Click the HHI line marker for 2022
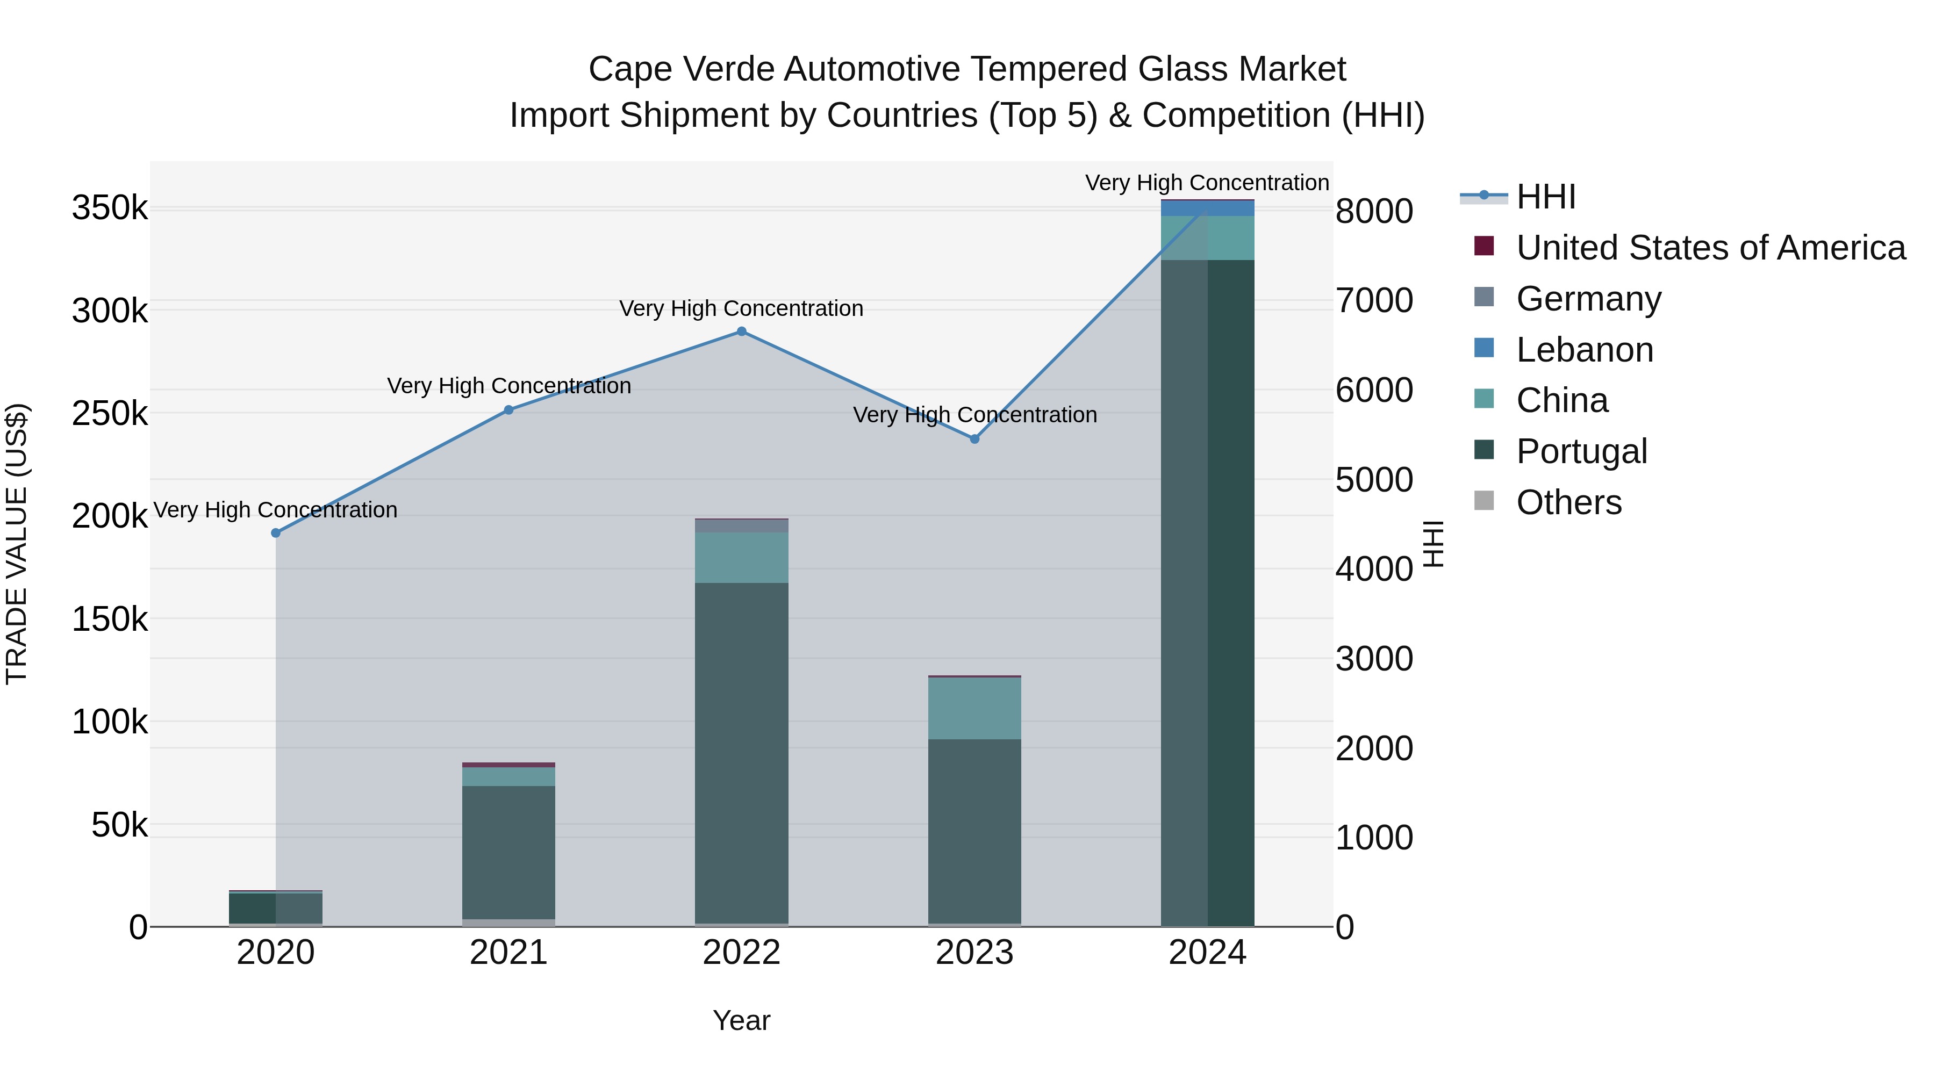coord(741,331)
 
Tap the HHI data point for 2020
coord(276,533)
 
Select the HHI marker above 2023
coord(975,439)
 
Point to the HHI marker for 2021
coord(508,410)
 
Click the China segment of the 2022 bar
coord(741,557)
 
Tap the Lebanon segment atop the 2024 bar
coord(1207,208)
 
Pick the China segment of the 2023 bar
coord(975,708)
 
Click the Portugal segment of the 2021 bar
coord(508,852)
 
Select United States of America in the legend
coord(1710,248)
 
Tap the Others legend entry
coord(1568,502)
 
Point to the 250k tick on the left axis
coord(110,414)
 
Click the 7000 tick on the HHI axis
coord(1374,300)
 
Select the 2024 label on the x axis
coord(1207,953)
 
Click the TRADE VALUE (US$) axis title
coord(17,544)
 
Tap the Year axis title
coord(741,1020)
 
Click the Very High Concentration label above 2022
coord(741,308)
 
